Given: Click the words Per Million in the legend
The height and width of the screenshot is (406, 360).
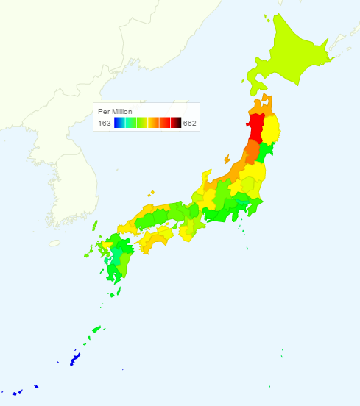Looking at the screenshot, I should tap(115, 111).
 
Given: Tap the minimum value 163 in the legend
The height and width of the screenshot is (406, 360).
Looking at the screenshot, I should tap(105, 123).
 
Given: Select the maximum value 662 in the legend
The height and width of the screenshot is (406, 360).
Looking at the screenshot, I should tap(190, 123).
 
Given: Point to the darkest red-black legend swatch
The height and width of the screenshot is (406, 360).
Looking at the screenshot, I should tap(176, 123).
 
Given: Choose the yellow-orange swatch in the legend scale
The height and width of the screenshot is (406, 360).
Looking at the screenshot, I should tap(154, 123).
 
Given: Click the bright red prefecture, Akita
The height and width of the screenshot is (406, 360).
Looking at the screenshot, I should tap(256, 127).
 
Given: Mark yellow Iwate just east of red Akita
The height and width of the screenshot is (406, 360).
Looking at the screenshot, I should tap(271, 129).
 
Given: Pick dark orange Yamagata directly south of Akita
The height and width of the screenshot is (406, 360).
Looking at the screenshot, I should tap(252, 151).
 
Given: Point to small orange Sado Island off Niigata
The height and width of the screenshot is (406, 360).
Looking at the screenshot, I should tap(226, 158).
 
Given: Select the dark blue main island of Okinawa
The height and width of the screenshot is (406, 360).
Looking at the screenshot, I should tap(74, 360).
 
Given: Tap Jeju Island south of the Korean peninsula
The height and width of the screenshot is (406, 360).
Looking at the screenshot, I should tap(54, 242).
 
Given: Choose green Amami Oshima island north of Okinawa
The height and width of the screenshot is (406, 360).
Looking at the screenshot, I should tap(96, 330).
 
